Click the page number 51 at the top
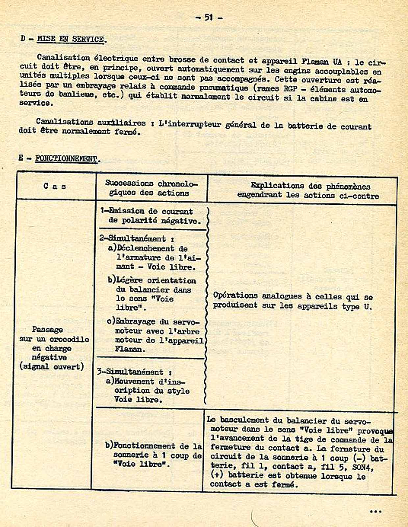tap(209, 17)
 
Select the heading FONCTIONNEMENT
tap(66, 159)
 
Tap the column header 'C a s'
tap(55, 186)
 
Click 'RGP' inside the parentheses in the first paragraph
tap(291, 88)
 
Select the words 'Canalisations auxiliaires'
tap(90, 122)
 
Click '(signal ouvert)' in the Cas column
tap(51, 366)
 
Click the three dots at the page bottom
tap(375, 512)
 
